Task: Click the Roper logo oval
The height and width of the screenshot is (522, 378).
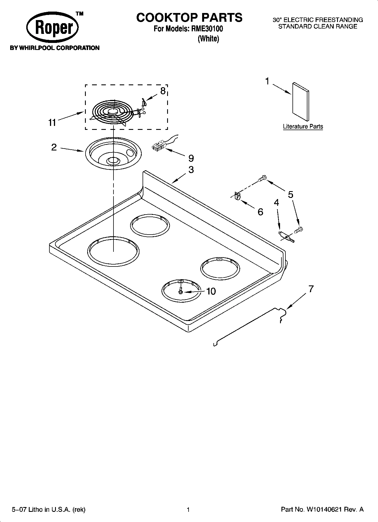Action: click(53, 28)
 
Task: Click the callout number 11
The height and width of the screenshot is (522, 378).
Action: click(52, 123)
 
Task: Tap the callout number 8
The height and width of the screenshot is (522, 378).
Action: click(163, 91)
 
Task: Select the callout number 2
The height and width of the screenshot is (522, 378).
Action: click(54, 147)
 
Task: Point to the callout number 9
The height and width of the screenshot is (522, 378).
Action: click(191, 158)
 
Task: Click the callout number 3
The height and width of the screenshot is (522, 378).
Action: click(191, 170)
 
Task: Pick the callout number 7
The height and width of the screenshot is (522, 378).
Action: click(311, 289)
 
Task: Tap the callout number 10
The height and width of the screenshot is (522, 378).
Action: click(211, 291)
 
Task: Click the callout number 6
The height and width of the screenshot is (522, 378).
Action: click(260, 212)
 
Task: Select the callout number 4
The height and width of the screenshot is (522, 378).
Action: click(277, 202)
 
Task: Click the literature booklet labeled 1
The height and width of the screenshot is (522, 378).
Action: click(300, 101)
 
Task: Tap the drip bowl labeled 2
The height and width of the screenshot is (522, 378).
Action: click(113, 154)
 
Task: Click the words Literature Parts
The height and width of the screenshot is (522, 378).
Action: click(303, 126)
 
